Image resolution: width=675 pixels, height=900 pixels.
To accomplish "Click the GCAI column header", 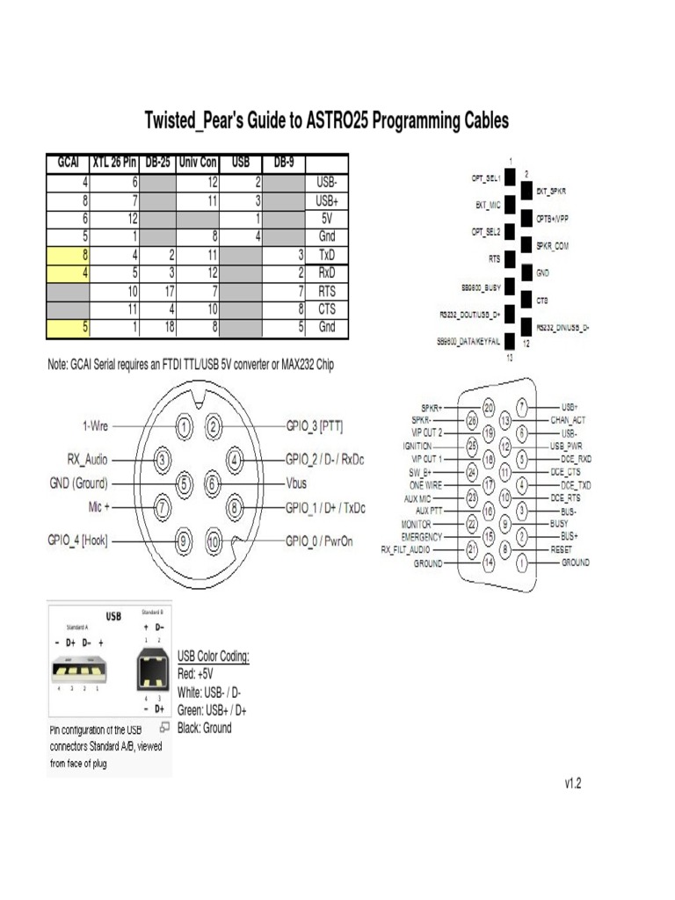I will click(68, 163).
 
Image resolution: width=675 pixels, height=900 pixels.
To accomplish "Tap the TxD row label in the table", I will click(326, 255).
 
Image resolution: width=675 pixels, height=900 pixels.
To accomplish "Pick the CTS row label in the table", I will click(326, 309).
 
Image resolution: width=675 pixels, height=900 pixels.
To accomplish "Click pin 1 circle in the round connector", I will click(185, 426).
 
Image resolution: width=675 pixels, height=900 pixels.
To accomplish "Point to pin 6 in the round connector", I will click(213, 483).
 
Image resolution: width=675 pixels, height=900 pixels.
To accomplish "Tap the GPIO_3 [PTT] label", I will click(315, 426).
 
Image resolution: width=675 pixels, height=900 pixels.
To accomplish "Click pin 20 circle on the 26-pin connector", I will click(489, 407).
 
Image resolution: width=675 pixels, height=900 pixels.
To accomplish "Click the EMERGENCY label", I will click(422, 535).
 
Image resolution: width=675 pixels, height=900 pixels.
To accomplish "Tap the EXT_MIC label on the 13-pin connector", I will click(483, 205).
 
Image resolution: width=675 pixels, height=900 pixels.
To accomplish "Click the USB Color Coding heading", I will click(214, 656).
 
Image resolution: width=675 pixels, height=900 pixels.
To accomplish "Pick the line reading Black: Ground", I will click(205, 728).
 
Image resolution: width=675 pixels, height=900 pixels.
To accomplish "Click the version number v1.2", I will click(573, 782).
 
